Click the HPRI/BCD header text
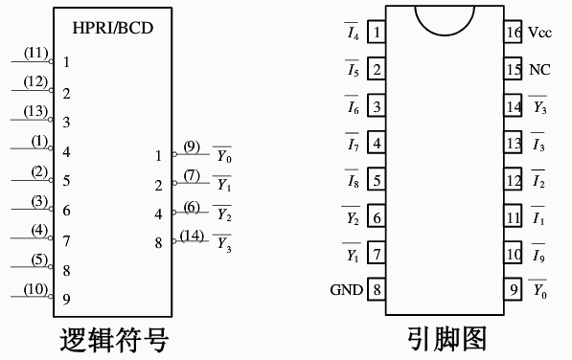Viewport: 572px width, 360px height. (x=113, y=27)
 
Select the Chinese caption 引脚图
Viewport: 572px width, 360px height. (x=445, y=339)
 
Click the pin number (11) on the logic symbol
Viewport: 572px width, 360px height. (x=35, y=53)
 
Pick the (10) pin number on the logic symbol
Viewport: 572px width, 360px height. (x=35, y=289)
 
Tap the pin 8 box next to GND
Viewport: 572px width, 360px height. (x=378, y=289)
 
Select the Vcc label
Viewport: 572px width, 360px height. (x=539, y=33)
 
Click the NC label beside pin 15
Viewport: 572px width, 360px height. (x=539, y=70)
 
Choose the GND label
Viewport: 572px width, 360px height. (x=346, y=289)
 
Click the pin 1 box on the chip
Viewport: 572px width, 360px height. (x=378, y=33)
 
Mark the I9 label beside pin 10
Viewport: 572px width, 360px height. (x=539, y=254)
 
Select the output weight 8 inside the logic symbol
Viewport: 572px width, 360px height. (x=159, y=243)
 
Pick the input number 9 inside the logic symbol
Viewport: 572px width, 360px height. (x=66, y=299)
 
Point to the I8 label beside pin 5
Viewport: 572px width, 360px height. (x=353, y=180)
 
